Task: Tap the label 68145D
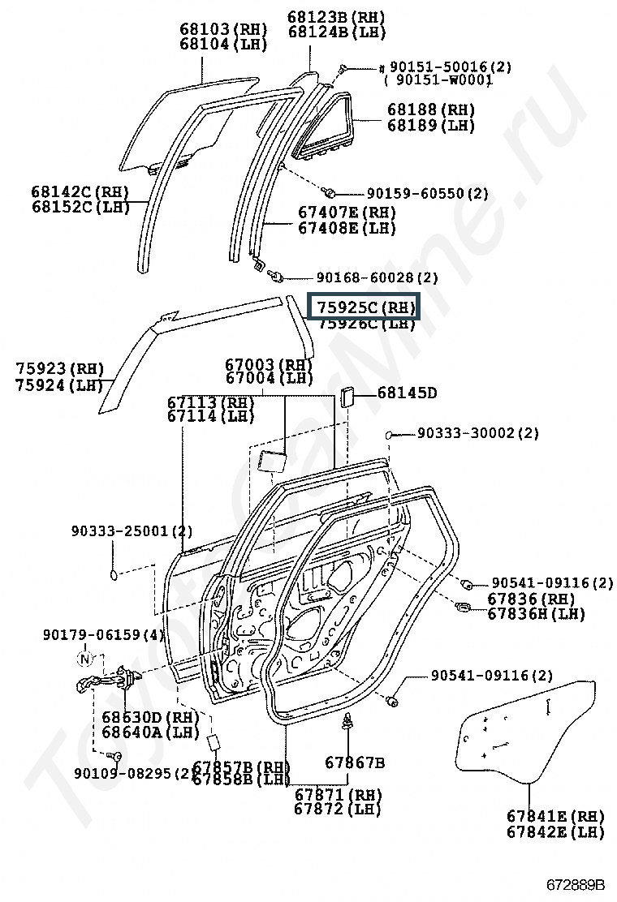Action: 407,393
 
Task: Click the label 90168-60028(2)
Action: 377,277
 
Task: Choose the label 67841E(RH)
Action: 555,815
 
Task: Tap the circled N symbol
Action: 84,658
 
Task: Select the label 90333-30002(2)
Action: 478,434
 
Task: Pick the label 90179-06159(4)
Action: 103,634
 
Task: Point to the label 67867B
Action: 355,762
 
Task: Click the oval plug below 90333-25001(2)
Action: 114,574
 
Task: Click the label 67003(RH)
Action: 269,364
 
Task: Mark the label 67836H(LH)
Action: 536,614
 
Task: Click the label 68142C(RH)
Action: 80,191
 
